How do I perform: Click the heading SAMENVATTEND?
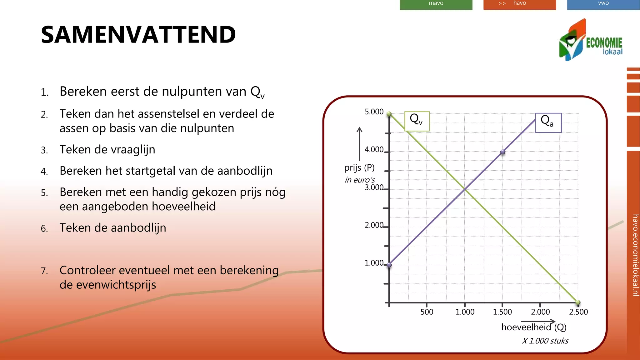coord(138,35)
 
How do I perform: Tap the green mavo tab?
coord(436,4)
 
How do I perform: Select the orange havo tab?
coord(519,4)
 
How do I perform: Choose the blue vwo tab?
coord(603,4)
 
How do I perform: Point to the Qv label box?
coord(417,121)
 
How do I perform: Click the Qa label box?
coord(548,123)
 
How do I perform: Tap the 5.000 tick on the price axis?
coord(374,112)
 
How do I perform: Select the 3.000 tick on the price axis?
coord(374,187)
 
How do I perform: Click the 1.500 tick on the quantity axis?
coord(502,312)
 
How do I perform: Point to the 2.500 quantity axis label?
coord(578,312)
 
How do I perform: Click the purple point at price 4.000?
coord(502,152)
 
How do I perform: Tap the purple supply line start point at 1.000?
coord(389,265)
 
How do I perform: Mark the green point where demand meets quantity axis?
coord(578,302)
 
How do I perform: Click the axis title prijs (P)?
coord(359,168)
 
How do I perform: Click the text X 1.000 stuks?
coord(545,341)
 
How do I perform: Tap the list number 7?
coord(44,271)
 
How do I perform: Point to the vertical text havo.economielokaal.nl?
coord(635,255)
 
